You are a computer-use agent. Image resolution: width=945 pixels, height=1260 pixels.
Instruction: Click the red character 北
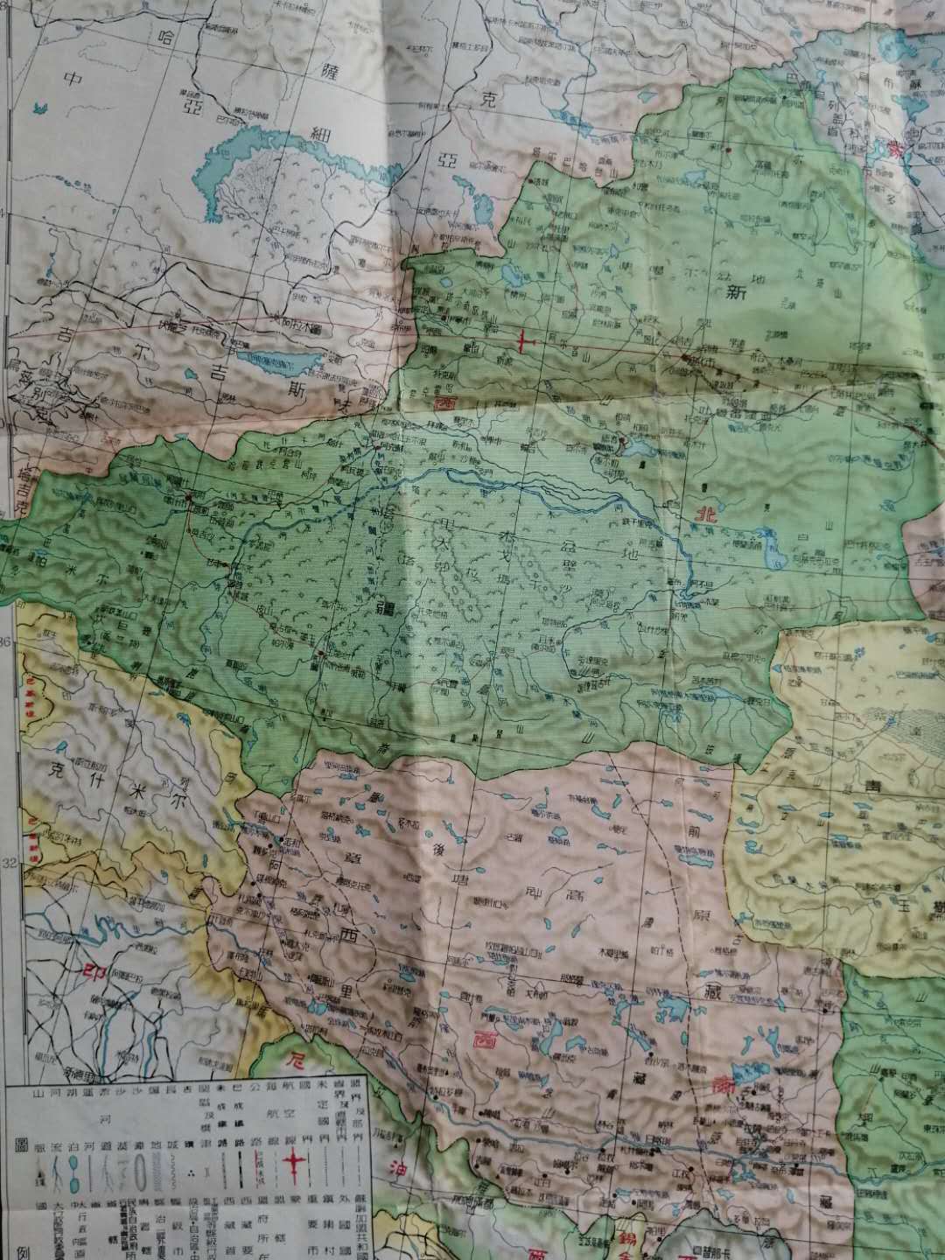click(x=704, y=514)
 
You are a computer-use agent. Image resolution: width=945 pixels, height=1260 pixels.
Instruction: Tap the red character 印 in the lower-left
click(x=96, y=972)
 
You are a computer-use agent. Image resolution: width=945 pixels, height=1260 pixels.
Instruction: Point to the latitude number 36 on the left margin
click(x=8, y=642)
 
